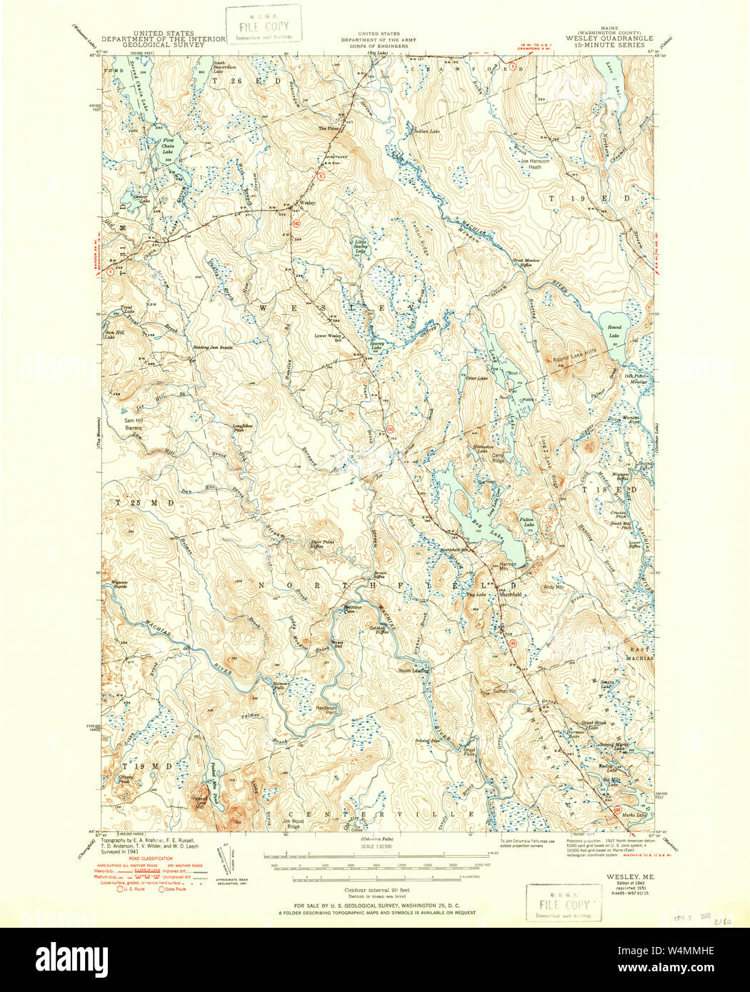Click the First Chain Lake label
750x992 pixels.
click(167, 146)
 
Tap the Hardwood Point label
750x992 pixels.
click(326, 710)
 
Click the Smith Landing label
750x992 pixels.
click(414, 670)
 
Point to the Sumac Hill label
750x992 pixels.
click(503, 690)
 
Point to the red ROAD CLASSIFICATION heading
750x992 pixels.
click(151, 859)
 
